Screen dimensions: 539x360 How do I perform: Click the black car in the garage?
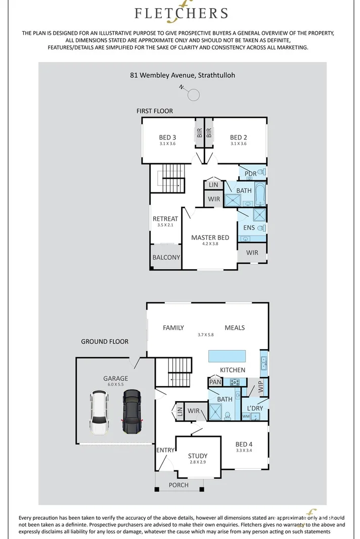click(131, 411)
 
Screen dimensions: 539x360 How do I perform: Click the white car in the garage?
click(99, 413)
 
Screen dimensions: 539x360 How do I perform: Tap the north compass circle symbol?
click(194, 94)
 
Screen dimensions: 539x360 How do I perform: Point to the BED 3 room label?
click(167, 137)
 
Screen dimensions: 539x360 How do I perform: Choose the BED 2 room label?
click(238, 137)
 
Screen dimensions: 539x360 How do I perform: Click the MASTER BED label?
click(210, 237)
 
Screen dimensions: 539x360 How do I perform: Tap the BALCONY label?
click(166, 257)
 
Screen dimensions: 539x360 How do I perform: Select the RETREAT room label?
click(165, 219)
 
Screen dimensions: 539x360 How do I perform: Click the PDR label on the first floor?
click(251, 174)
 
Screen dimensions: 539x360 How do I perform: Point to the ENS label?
click(249, 228)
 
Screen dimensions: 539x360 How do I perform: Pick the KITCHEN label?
click(233, 370)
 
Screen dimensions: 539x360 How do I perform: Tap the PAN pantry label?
click(215, 382)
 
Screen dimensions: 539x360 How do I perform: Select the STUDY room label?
click(198, 456)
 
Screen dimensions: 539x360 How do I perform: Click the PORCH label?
click(178, 485)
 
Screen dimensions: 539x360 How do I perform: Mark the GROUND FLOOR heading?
click(105, 341)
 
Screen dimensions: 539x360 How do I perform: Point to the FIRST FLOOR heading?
click(155, 111)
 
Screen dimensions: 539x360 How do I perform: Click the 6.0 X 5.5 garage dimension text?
click(116, 384)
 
